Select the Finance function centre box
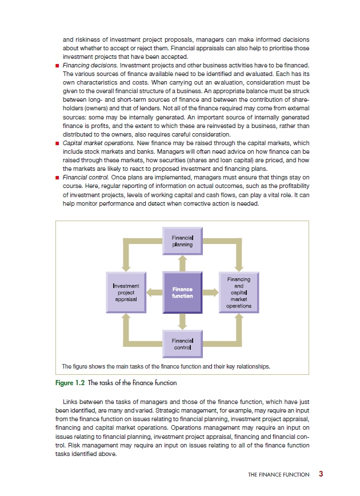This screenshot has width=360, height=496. [182, 293]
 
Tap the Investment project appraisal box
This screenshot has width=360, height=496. [126, 293]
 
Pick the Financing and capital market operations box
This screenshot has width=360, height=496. [239, 293]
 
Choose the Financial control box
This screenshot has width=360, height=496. [182, 344]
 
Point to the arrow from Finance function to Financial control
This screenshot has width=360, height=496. [182, 322]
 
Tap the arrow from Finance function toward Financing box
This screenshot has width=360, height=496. [211, 293]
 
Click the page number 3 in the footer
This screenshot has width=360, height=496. [321, 474]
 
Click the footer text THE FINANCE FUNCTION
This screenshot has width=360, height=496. [279, 474]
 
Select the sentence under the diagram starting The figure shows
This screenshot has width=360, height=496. [165, 366]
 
